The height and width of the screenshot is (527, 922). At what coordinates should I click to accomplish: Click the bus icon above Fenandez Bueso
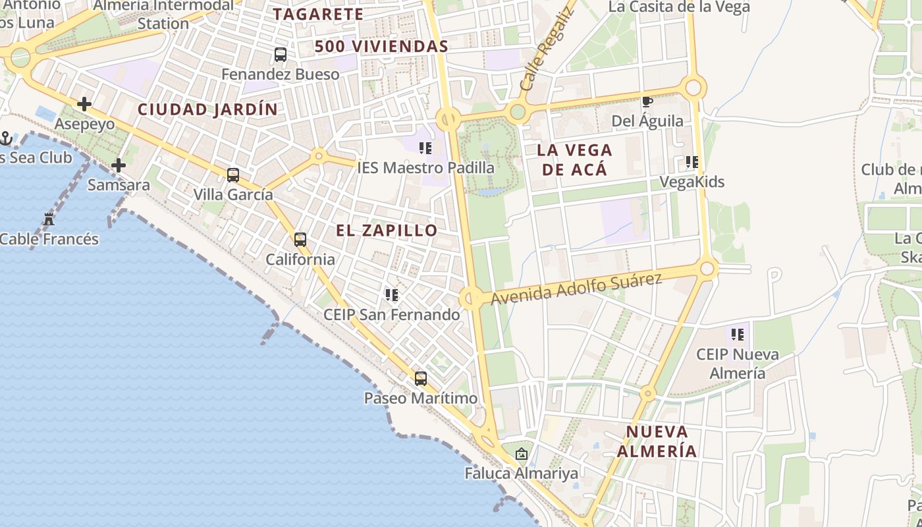pyautogui.click(x=281, y=55)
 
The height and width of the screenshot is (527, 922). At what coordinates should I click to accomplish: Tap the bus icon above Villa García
pyautogui.click(x=233, y=175)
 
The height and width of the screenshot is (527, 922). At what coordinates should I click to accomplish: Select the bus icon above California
pyautogui.click(x=300, y=240)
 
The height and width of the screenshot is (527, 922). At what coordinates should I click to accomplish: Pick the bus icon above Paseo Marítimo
pyautogui.click(x=421, y=379)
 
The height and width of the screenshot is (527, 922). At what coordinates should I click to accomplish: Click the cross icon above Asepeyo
pyautogui.click(x=84, y=104)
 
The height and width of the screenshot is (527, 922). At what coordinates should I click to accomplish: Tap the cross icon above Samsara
pyautogui.click(x=119, y=165)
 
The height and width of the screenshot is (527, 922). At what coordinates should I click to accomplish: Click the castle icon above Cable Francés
pyautogui.click(x=49, y=219)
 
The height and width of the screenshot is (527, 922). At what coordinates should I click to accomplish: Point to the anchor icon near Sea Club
pyautogui.click(x=6, y=138)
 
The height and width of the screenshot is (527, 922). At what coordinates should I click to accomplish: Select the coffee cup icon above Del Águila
pyautogui.click(x=647, y=101)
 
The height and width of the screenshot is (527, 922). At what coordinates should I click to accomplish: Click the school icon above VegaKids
pyautogui.click(x=691, y=162)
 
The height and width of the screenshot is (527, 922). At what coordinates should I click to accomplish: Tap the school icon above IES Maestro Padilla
pyautogui.click(x=425, y=148)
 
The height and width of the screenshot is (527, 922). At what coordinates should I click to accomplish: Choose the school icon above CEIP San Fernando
pyautogui.click(x=392, y=295)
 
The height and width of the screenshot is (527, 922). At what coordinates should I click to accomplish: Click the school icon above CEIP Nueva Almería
pyautogui.click(x=738, y=335)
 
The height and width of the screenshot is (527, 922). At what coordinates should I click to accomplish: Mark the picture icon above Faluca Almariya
pyautogui.click(x=522, y=454)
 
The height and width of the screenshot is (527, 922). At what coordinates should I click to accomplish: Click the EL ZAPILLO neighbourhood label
pyautogui.click(x=387, y=231)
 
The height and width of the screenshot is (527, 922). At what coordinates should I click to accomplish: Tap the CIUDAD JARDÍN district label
pyautogui.click(x=207, y=109)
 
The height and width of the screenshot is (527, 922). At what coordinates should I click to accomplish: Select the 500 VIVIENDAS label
pyautogui.click(x=381, y=47)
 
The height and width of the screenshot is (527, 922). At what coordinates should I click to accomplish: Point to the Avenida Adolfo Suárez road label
pyautogui.click(x=576, y=289)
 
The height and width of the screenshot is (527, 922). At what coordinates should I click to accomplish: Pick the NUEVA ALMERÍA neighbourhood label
pyautogui.click(x=657, y=441)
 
